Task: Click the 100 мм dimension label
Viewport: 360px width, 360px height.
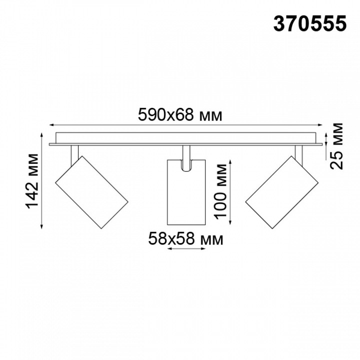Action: pos(220,191)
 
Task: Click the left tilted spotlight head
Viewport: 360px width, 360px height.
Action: pos(91,192)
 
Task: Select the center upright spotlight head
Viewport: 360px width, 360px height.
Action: pos(185,192)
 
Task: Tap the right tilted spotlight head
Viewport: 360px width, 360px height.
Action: pos(280,192)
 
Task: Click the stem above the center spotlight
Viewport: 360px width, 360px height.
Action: pos(186,152)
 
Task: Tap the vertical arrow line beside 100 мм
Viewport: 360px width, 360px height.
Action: pos(231,191)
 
